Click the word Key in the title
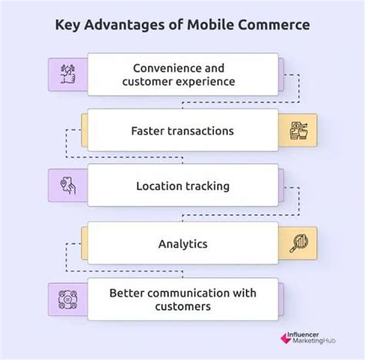68,25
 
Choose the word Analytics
182,243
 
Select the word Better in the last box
127,293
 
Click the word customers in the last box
182,307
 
